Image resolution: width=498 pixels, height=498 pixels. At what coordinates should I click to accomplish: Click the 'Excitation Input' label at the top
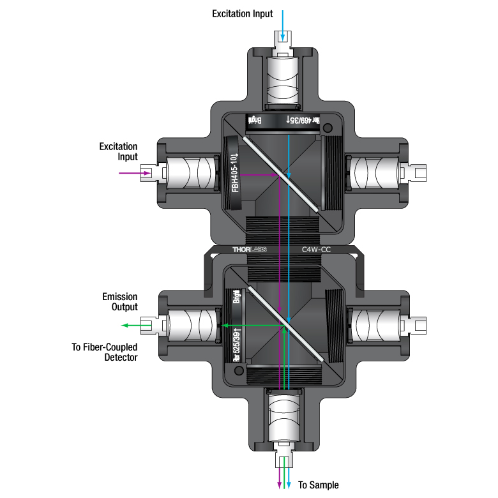(x=243, y=13)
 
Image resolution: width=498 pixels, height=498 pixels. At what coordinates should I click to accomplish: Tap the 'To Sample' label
(x=319, y=485)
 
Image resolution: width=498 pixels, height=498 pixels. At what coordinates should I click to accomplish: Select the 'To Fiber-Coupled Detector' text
(x=105, y=352)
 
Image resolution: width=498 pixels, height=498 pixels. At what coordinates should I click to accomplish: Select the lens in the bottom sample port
(x=285, y=415)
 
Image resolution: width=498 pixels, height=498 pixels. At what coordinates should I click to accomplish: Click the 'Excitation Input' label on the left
(x=118, y=152)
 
